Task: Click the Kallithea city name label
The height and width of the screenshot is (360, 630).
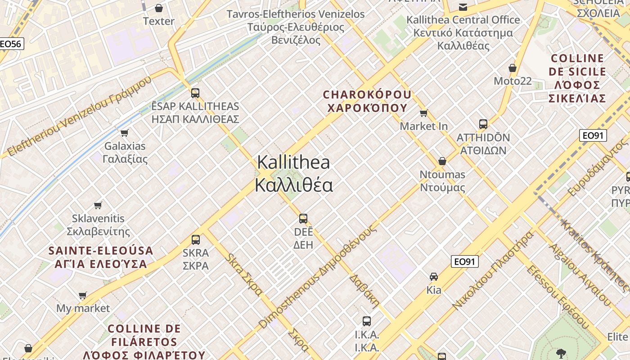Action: point(294,174)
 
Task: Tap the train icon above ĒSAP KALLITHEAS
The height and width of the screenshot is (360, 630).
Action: point(195,93)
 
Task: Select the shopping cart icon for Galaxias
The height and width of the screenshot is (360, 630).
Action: point(125,133)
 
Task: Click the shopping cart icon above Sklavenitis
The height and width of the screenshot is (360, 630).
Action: point(98,205)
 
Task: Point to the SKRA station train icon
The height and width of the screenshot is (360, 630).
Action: point(196,239)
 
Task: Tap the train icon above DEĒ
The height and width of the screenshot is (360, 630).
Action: point(303,219)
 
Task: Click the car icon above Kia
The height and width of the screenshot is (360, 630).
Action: point(434,276)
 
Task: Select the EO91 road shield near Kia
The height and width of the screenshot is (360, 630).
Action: point(464,261)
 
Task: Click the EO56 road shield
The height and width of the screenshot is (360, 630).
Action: point(11,44)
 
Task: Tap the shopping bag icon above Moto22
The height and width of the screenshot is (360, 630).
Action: point(512,68)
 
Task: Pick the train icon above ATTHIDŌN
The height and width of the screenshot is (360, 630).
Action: point(483,124)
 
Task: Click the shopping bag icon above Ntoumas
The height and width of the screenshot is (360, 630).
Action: point(442,161)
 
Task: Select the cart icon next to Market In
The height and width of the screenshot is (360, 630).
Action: point(423,113)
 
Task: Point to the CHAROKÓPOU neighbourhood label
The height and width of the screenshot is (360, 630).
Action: point(367,101)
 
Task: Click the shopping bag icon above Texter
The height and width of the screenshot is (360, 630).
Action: point(158,8)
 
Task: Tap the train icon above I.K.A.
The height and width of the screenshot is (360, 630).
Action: point(367,321)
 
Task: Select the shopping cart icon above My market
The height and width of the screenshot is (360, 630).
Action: point(83,296)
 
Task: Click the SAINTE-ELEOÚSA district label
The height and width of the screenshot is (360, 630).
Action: point(101,257)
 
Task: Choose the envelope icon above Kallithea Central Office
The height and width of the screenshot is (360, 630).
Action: point(463,7)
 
